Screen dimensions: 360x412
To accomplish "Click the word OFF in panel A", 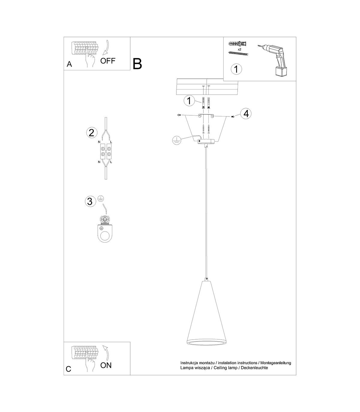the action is click(108, 61).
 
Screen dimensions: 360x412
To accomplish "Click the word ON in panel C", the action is click(106, 365).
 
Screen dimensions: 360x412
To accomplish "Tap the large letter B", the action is click(137, 64).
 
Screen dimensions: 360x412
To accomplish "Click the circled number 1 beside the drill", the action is click(236, 69).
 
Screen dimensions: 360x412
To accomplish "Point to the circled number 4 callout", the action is click(246, 114).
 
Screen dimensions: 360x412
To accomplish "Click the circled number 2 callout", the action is click(92, 133).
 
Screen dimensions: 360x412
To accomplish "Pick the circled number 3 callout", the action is click(90, 201).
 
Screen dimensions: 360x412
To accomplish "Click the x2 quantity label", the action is click(239, 49).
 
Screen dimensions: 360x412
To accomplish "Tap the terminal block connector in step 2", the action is click(106, 152).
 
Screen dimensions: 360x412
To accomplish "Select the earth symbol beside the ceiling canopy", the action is click(177, 140).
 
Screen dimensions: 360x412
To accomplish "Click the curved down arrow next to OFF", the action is click(106, 48).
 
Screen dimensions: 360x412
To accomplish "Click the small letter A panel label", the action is click(69, 64).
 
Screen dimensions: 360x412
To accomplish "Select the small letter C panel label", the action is click(68, 369).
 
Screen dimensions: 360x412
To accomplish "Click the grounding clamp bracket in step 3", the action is click(105, 229).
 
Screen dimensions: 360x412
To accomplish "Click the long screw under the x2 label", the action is click(238, 53).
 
